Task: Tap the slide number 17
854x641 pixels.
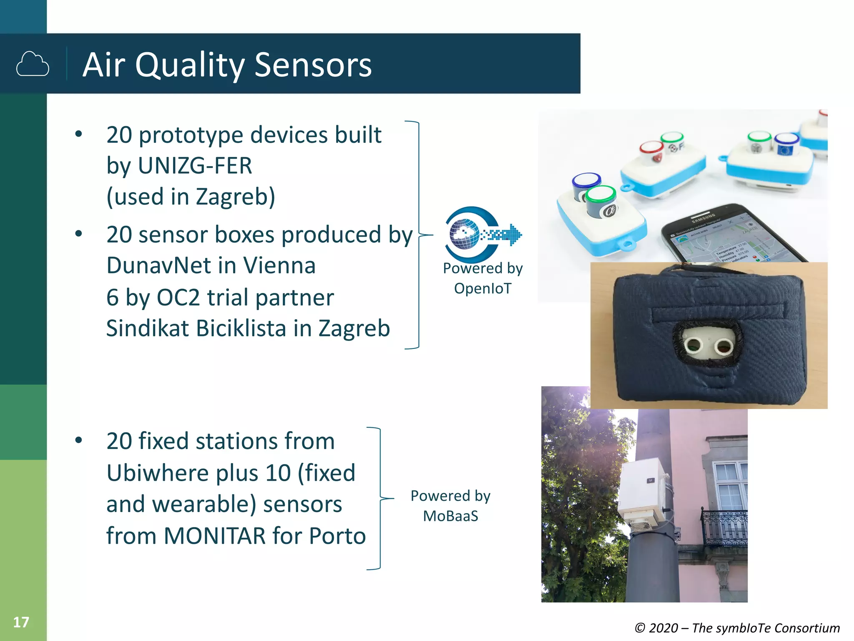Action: pos(21,622)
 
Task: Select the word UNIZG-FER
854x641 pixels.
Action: pos(195,166)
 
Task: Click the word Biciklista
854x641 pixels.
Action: pos(241,328)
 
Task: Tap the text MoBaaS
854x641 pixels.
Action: pos(450,516)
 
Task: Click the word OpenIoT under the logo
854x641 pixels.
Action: pos(482,288)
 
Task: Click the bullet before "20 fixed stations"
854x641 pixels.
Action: pos(78,441)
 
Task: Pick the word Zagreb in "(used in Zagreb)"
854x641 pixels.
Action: pos(235,197)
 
